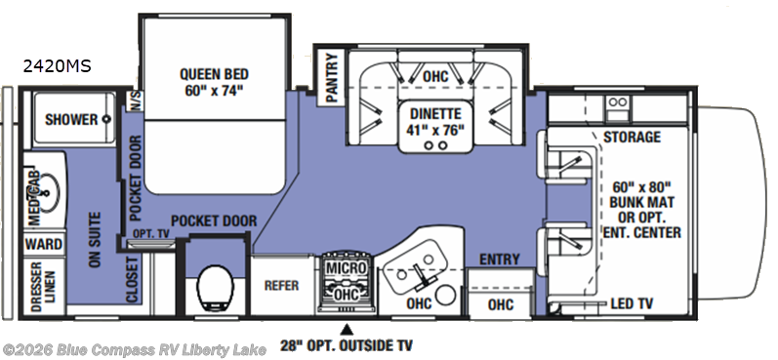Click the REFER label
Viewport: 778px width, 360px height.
280,285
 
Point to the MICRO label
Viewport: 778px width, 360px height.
345,267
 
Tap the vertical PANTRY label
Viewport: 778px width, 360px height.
331,75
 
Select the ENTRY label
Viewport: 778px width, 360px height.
498,260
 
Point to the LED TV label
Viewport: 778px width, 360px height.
631,303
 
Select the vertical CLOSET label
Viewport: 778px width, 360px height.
132,282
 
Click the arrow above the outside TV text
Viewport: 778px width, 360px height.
346,327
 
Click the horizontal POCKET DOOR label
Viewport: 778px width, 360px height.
214,220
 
